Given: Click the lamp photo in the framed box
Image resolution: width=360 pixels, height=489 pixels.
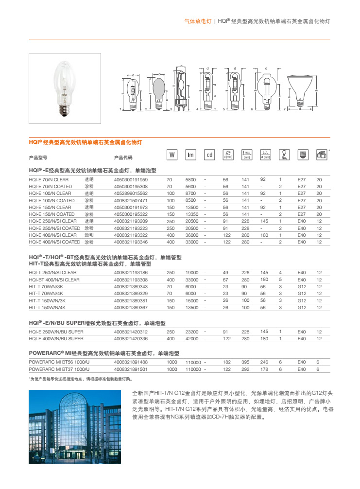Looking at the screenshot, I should click(x=65, y=85).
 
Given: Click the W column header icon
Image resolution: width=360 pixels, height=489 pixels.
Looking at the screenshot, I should click(x=171, y=155).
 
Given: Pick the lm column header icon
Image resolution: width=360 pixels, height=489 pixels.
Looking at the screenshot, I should click(x=190, y=155).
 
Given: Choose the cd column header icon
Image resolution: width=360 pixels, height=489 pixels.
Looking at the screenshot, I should click(x=209, y=155).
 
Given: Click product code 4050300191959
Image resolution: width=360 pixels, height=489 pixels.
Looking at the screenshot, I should click(x=131, y=179).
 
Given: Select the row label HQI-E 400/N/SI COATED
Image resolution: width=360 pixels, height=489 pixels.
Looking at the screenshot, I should click(x=54, y=242).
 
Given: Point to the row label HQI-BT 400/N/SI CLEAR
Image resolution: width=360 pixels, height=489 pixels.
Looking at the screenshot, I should click(x=54, y=279).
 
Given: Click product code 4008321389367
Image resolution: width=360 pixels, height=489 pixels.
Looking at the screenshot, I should click(x=131, y=307).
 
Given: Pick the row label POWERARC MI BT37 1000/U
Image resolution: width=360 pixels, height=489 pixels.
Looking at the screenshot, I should click(x=59, y=369).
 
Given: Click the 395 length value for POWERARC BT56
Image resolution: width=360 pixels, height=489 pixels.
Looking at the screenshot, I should click(x=246, y=362).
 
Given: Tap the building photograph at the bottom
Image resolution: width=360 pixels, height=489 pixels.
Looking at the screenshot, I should click(x=75, y=427).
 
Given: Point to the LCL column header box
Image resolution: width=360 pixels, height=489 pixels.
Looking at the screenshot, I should click(x=265, y=155).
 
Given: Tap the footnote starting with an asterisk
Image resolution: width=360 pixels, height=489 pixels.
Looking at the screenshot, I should click(x=80, y=379).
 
